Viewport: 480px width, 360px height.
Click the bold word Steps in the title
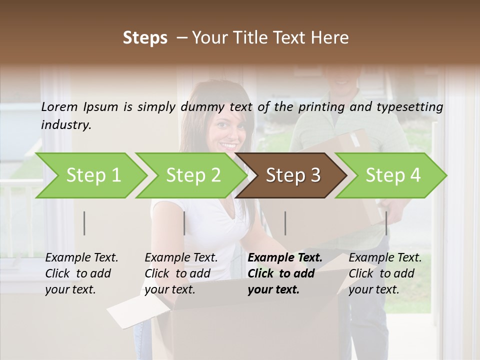point(145,38)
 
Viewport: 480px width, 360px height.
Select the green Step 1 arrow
point(93,175)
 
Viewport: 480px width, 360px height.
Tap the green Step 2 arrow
point(193,175)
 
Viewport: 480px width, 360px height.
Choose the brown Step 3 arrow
point(293,175)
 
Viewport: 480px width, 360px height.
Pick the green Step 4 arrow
point(393,175)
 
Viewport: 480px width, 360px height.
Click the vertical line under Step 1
point(84,223)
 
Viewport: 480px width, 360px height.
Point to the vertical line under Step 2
point(184,223)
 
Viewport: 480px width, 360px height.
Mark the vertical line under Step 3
point(285,223)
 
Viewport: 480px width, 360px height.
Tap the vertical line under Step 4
point(386,223)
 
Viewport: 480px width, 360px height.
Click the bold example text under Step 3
point(284,273)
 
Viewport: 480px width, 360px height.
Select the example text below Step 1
point(81,273)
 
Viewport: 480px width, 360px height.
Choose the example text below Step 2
point(181,273)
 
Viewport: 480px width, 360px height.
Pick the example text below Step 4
point(385,273)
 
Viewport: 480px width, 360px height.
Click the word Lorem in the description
point(59,106)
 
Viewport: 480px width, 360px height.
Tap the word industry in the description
point(65,124)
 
